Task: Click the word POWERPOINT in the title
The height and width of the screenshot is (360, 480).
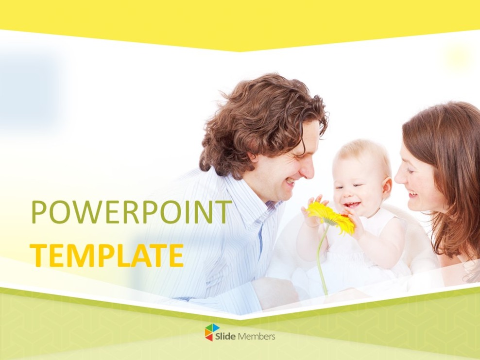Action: coord(131,212)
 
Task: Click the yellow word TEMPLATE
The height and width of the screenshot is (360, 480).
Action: coord(106,255)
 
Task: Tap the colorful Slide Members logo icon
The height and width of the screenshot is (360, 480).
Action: coord(212,332)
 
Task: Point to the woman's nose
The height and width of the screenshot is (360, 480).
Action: coord(400,176)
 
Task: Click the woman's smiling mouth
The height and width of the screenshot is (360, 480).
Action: coord(412,194)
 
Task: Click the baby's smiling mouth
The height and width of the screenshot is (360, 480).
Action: coord(352,204)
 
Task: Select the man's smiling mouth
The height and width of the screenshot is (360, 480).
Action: coord(290,182)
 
